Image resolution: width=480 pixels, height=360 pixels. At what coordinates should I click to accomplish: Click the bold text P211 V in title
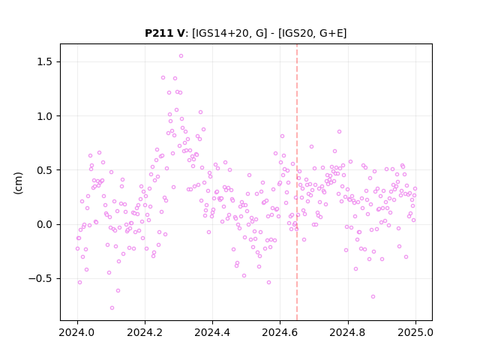[x=165, y=33]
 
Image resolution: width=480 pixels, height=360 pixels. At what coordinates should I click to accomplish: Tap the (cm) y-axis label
[x=18, y=183]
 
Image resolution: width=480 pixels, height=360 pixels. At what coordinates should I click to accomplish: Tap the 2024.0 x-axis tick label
[x=77, y=332]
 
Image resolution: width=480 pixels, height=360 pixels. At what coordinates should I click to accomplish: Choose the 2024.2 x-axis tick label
[x=145, y=332]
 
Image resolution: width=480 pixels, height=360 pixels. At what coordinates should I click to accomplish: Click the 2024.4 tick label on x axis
[x=212, y=332]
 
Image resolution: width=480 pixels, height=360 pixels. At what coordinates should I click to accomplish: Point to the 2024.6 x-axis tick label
[x=280, y=332]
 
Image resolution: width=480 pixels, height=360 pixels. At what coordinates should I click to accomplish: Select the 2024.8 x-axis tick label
[x=348, y=332]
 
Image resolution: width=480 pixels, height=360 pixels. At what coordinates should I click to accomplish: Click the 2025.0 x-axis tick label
[x=415, y=332]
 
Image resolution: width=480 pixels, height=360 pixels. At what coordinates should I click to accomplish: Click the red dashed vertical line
[x=297, y=182]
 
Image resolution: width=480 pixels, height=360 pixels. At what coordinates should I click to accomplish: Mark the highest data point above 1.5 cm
[x=181, y=56]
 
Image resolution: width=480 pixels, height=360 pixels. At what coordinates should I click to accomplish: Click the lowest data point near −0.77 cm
[x=112, y=308]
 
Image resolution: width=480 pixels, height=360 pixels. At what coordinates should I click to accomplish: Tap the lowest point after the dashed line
[x=373, y=297]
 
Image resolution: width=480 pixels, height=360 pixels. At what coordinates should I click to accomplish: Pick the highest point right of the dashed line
[x=339, y=132]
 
